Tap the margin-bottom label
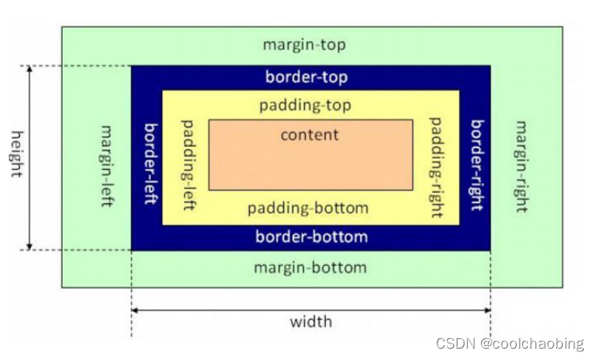(x=310, y=267)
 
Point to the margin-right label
(x=521, y=166)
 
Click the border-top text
(x=306, y=78)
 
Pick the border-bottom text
(x=311, y=236)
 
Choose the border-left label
(x=149, y=163)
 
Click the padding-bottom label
(x=308, y=208)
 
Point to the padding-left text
(x=186, y=164)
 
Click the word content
(x=309, y=135)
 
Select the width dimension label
(x=311, y=322)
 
